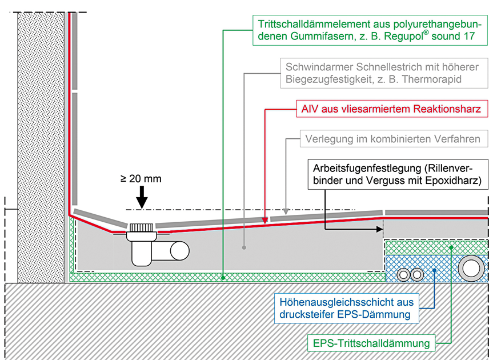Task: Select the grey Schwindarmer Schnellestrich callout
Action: [x=379, y=73]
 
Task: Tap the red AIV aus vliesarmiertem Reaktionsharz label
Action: [x=391, y=108]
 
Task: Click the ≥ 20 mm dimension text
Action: [x=141, y=178]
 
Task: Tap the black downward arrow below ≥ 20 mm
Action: [x=142, y=202]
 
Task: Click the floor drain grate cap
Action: [x=141, y=228]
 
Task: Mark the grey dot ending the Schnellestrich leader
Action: [x=244, y=248]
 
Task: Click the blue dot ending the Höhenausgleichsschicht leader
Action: [x=434, y=270]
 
